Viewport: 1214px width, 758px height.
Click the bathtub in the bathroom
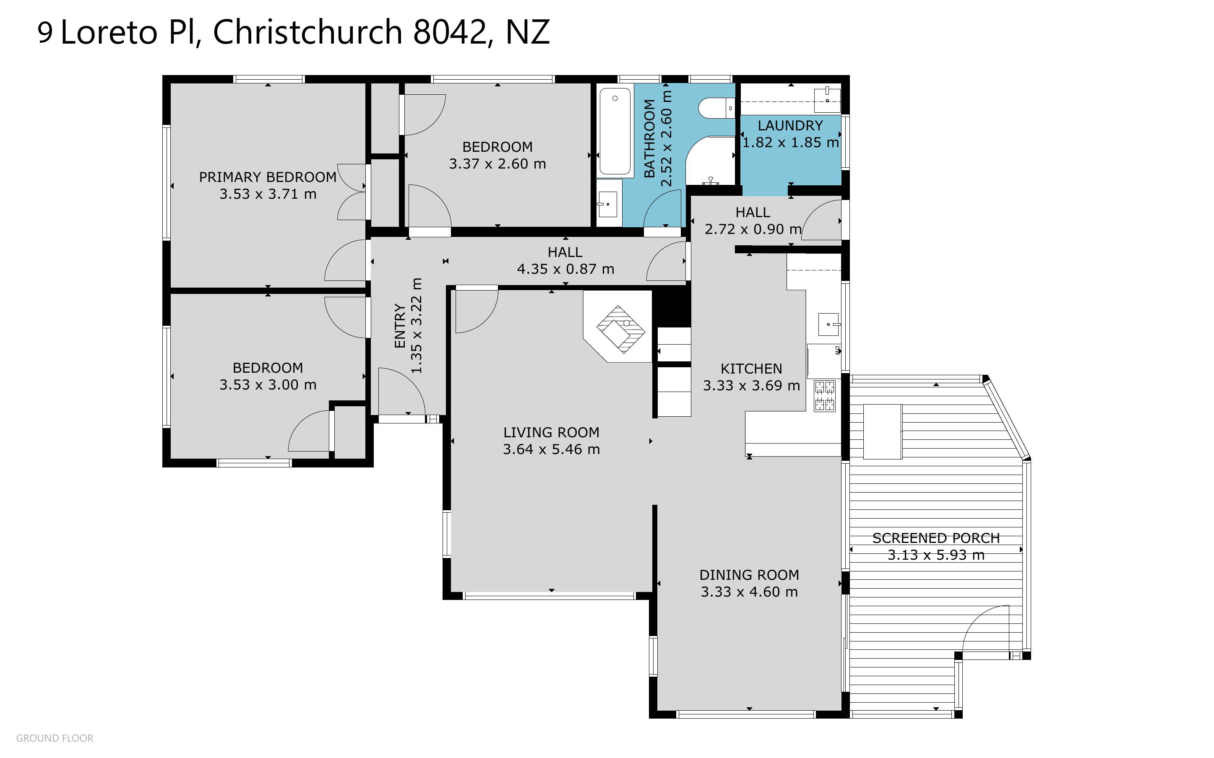(615, 131)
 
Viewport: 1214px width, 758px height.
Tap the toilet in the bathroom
(716, 108)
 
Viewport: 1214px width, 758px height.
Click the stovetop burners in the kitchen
(824, 396)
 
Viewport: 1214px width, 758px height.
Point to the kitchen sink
(829, 324)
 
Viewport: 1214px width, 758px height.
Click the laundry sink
(827, 100)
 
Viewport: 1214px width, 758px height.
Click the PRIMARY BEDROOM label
(268, 177)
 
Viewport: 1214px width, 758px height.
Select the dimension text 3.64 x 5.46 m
(552, 449)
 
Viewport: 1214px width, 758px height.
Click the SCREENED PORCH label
(936, 538)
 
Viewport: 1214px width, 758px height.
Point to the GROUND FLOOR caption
(55, 738)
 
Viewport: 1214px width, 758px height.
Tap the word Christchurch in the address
(307, 32)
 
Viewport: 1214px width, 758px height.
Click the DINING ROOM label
(749, 575)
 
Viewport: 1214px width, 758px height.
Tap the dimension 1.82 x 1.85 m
(790, 143)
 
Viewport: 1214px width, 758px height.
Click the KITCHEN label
(751, 369)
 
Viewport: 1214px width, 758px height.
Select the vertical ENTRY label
(400, 325)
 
